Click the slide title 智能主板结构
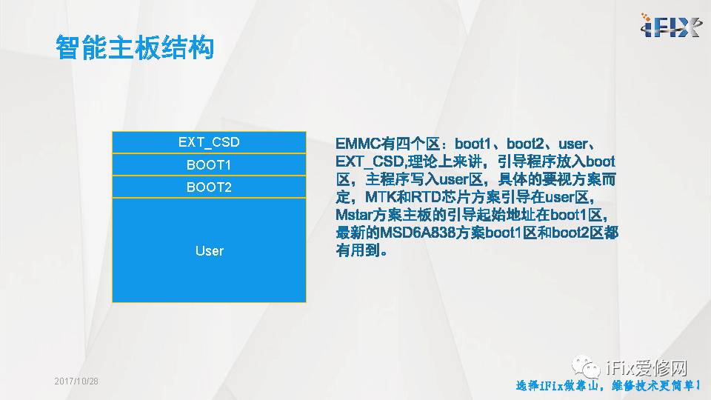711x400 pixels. [135, 47]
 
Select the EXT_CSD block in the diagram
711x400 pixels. [209, 142]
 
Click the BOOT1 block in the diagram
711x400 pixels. [209, 164]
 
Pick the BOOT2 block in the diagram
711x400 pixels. [209, 187]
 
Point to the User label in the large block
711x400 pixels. [209, 251]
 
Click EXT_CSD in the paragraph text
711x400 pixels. [368, 161]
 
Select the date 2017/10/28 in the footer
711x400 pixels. [76, 381]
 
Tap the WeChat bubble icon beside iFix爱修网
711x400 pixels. [590, 367]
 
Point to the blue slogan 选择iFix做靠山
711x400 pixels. [558, 386]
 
